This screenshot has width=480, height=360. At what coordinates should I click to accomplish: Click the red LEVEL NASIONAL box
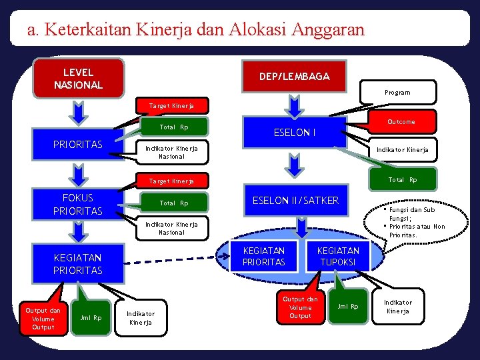pyautogui.click(x=79, y=78)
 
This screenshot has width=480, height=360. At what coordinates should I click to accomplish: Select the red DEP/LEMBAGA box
pyautogui.click(x=294, y=77)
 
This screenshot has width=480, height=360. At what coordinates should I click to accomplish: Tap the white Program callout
pyautogui.click(x=397, y=92)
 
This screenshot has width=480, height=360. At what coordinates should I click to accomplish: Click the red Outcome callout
pyautogui.click(x=401, y=121)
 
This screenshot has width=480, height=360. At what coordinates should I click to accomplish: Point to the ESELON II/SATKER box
pyautogui.click(x=295, y=200)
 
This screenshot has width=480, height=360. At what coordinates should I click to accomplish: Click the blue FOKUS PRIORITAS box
pyautogui.click(x=78, y=204)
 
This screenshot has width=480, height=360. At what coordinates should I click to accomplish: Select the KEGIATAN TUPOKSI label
pyautogui.click(x=337, y=256)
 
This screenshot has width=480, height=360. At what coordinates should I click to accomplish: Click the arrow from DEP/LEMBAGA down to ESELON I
pyautogui.click(x=294, y=105)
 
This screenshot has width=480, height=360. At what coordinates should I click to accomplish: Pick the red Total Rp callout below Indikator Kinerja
pyautogui.click(x=402, y=179)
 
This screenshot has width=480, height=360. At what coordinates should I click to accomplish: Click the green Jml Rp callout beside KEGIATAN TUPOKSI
pyautogui.click(x=349, y=305)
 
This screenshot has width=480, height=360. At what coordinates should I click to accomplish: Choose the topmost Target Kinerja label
pyautogui.click(x=171, y=106)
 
